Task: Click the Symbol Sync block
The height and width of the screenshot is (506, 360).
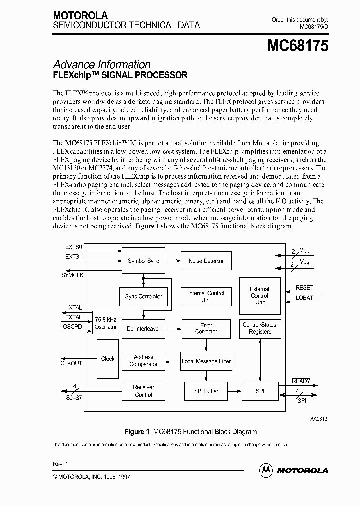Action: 143,261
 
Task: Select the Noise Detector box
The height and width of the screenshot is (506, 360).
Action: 206,261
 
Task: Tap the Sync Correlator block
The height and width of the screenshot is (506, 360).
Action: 144,297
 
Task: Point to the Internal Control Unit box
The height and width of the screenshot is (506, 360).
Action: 206,297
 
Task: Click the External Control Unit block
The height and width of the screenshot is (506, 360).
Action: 259,296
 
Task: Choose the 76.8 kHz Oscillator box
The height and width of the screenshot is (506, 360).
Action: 106,323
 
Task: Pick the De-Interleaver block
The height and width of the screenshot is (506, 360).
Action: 143,329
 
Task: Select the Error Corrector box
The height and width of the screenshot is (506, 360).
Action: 206,329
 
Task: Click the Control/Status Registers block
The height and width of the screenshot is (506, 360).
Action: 259,328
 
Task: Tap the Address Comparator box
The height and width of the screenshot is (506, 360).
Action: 143,361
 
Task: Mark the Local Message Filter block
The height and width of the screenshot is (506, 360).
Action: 206,361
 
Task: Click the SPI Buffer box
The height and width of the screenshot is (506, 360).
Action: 206,391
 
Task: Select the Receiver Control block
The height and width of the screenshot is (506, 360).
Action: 143,391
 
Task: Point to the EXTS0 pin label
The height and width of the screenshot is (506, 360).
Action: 74,247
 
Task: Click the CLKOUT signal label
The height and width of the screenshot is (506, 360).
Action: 71,363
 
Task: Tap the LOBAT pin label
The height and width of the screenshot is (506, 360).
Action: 304,298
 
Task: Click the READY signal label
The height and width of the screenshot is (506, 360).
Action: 301,381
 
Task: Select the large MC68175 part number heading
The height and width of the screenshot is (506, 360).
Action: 298,46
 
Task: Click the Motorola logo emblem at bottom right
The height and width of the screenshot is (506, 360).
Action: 266,470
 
